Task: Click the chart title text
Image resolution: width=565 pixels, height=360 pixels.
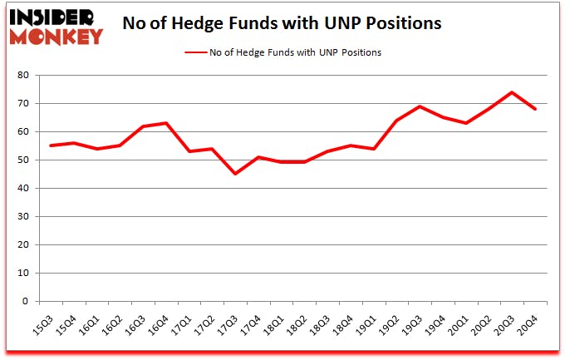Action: pyautogui.click(x=281, y=22)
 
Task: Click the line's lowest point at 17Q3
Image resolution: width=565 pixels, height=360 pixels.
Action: pyautogui.click(x=235, y=174)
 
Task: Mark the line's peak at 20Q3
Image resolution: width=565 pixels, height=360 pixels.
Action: pyautogui.click(x=513, y=92)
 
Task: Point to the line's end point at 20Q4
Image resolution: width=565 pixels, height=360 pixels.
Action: pyautogui.click(x=536, y=109)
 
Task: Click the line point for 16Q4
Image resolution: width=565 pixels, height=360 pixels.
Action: pyautogui.click(x=166, y=123)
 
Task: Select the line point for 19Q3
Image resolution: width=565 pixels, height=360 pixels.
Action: pyautogui.click(x=420, y=106)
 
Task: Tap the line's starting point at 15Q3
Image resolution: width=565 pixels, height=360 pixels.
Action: pyautogui.click(x=51, y=145)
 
